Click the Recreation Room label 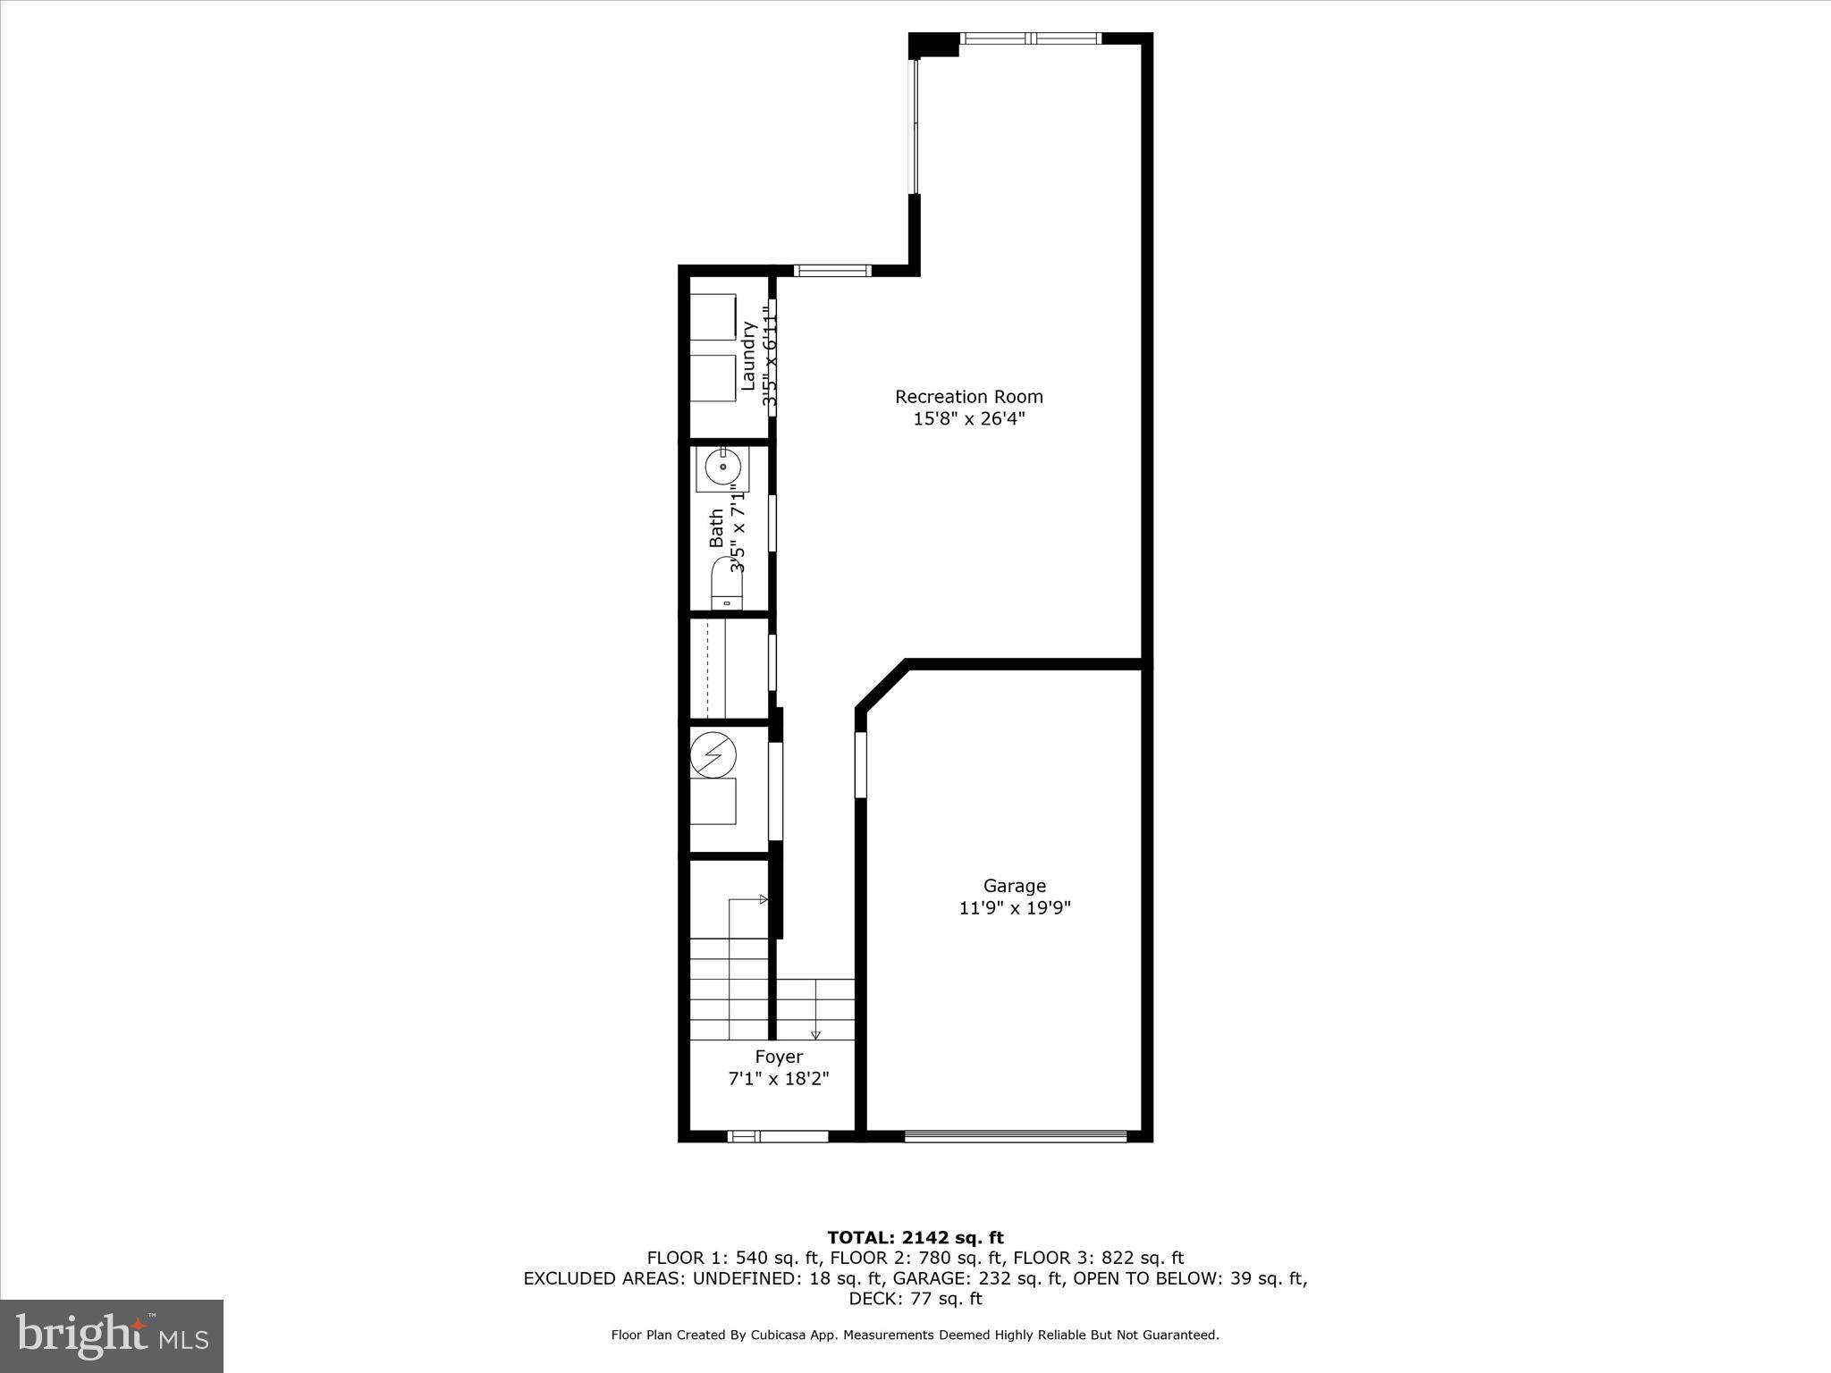pyautogui.click(x=969, y=396)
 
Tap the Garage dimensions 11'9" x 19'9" pyautogui.click(x=1015, y=908)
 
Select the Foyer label pyautogui.click(x=779, y=1057)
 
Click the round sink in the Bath pyautogui.click(x=721, y=467)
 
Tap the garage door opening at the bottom pyautogui.click(x=1015, y=1136)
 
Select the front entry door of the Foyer pyautogui.click(x=778, y=1136)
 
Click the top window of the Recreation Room pyautogui.click(x=1031, y=38)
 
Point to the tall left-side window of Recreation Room pyautogui.click(x=914, y=125)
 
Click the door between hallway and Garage pyautogui.click(x=861, y=764)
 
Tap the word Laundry pyautogui.click(x=749, y=356)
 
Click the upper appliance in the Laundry pyautogui.click(x=713, y=316)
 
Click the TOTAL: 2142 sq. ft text pyautogui.click(x=915, y=1237)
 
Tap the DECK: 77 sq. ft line pyautogui.click(x=915, y=1299)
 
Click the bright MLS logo pyautogui.click(x=112, y=1335)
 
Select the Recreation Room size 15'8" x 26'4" pyautogui.click(x=969, y=418)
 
